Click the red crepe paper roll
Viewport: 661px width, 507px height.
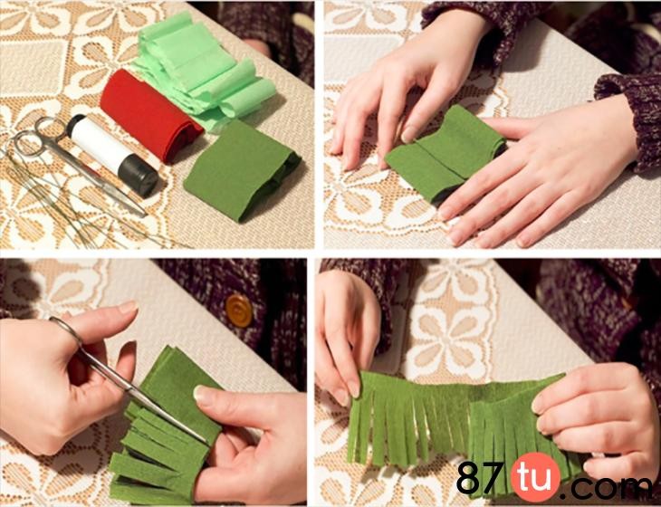point(149,115)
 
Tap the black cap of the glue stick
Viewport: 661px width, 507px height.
point(139,177)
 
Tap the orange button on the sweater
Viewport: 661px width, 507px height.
point(239,311)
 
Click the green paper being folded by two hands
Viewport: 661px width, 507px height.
point(445,154)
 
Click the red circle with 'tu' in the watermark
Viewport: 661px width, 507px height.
point(535,477)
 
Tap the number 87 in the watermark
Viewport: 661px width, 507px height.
point(482,477)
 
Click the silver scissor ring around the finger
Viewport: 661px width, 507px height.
point(66,330)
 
